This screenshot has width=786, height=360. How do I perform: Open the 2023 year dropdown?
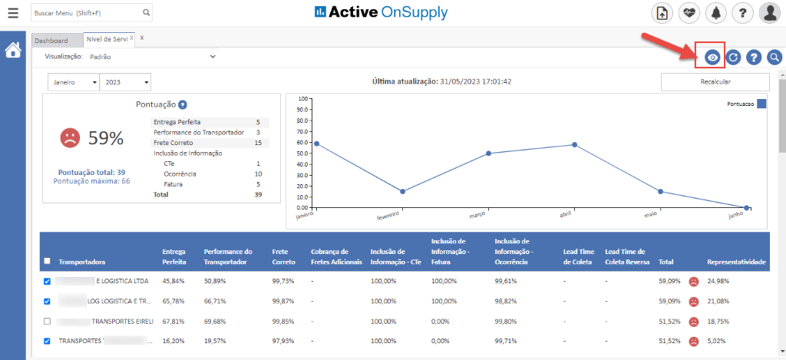[x=124, y=82]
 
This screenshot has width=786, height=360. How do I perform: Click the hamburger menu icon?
[x=13, y=13]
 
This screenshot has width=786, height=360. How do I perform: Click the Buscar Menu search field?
[x=86, y=13]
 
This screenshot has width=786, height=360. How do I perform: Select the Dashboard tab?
[x=51, y=40]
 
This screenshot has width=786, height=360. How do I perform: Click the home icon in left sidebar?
[x=13, y=51]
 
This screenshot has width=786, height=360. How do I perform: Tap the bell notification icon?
[x=715, y=13]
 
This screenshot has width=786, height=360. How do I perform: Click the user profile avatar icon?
[x=769, y=13]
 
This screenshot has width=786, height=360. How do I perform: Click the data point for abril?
[x=574, y=144]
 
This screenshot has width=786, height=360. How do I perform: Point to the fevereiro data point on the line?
[x=402, y=191]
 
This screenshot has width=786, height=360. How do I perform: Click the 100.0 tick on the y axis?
[x=302, y=99]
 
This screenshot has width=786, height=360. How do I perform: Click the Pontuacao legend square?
[x=761, y=104]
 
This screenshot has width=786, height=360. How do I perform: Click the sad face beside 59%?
[x=70, y=138]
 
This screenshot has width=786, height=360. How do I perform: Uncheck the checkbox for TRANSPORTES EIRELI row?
[x=48, y=321]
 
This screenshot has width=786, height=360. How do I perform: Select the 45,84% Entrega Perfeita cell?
[x=173, y=282]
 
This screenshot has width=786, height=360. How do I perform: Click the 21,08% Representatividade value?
[x=720, y=302]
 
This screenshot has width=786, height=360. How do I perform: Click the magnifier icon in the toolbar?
[x=774, y=58]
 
